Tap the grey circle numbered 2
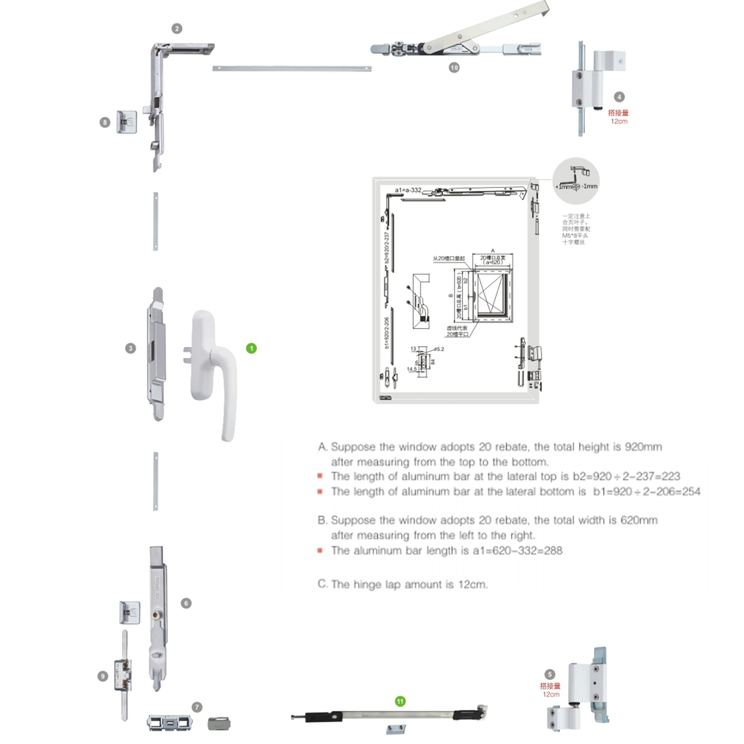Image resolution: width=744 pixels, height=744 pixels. pyautogui.click(x=177, y=29)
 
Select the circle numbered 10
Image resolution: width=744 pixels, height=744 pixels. pyautogui.click(x=454, y=68)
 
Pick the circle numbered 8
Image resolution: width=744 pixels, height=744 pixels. pyautogui.click(x=105, y=123)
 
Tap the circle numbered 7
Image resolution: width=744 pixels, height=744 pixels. pyautogui.click(x=197, y=707)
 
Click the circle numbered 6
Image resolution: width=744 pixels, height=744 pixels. pyautogui.click(x=186, y=603)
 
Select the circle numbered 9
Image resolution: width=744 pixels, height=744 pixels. pyautogui.click(x=102, y=676)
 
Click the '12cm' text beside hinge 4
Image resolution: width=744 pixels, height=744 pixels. pyautogui.click(x=619, y=121)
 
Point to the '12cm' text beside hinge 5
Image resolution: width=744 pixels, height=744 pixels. pyautogui.click(x=551, y=694)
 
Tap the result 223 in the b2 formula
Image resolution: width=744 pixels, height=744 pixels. pyautogui.click(x=670, y=476)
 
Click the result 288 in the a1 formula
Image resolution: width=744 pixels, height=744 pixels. pyautogui.click(x=553, y=551)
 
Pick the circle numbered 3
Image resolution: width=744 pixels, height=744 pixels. pyautogui.click(x=130, y=348)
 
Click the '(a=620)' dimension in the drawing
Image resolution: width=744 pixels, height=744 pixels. pyautogui.click(x=493, y=262)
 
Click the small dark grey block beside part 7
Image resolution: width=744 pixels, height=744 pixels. pyautogui.click(x=219, y=724)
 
